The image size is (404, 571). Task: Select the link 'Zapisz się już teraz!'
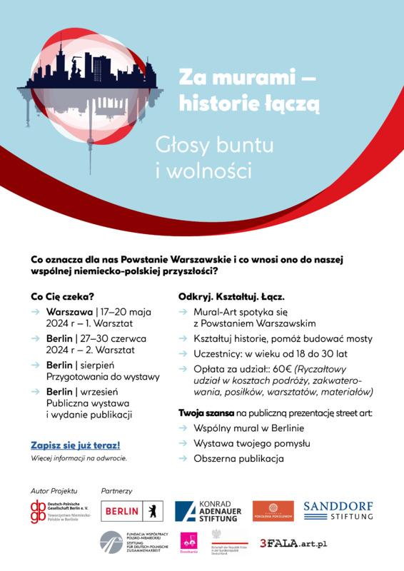[x=75, y=444]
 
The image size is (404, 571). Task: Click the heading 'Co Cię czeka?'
[x=62, y=295]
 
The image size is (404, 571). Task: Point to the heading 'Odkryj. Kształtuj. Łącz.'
[x=233, y=295]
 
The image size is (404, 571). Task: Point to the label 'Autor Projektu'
[x=54, y=491]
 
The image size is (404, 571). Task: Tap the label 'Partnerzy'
[x=117, y=491]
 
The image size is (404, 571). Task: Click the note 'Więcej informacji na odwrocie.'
[x=79, y=458]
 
